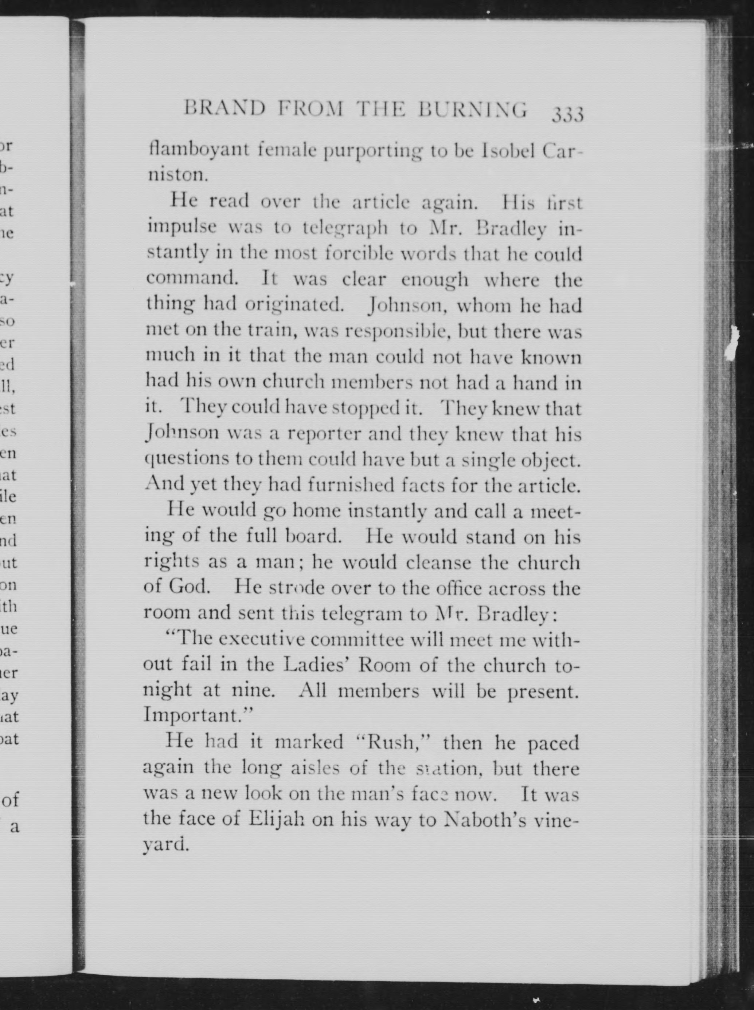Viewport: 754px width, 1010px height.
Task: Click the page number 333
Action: [567, 114]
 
